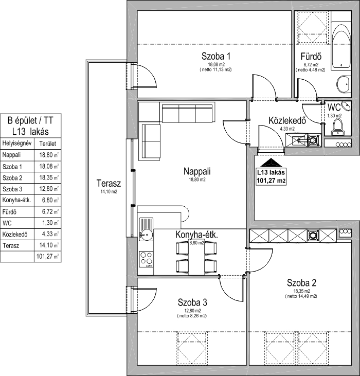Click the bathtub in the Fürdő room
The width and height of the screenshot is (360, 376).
[x=341, y=46]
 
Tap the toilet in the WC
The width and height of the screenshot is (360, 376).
[x=338, y=128]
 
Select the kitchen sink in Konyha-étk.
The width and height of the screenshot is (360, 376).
[x=146, y=229]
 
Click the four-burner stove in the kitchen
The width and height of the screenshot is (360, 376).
[x=146, y=259]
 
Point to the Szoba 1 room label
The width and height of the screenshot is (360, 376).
[x=215, y=57]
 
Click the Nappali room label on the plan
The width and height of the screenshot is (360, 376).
[x=197, y=171]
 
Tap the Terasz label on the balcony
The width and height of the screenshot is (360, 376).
[x=109, y=184]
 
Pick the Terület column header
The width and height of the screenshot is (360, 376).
[x=47, y=144]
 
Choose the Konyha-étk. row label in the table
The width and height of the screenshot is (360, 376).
[x=16, y=200]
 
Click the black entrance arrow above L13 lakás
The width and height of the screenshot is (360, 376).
[x=271, y=163]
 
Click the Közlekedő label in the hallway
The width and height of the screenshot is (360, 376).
[x=287, y=120]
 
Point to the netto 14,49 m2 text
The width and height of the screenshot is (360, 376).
[x=301, y=296]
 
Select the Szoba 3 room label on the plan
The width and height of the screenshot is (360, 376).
[x=192, y=302]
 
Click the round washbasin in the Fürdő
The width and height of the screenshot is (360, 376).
[x=344, y=84]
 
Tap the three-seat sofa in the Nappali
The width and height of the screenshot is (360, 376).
[x=187, y=114]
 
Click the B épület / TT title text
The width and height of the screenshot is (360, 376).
[x=30, y=120]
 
